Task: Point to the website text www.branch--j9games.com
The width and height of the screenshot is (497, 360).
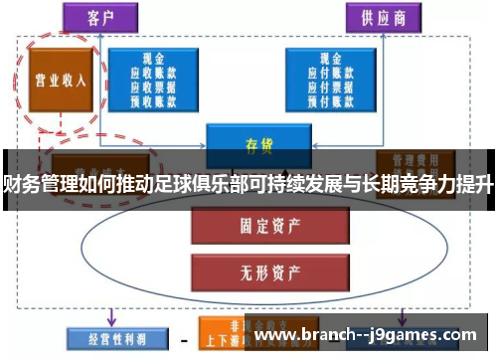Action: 370,337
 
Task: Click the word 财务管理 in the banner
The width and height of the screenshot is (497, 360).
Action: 34,183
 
